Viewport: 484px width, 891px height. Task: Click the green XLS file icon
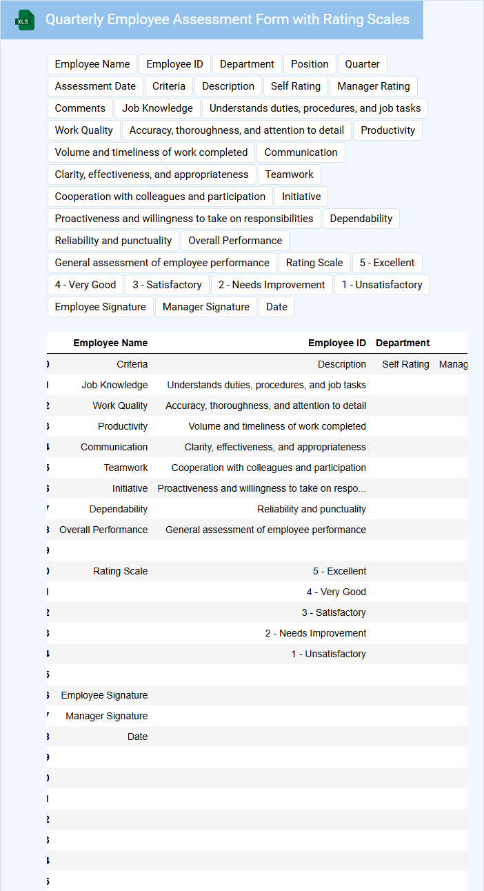[25, 21]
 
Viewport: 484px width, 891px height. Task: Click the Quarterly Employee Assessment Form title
[228, 20]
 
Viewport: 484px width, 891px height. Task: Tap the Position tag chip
[310, 64]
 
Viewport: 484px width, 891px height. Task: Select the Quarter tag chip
[362, 64]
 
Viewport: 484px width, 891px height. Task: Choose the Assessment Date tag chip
[95, 86]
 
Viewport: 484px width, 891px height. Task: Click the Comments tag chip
[80, 108]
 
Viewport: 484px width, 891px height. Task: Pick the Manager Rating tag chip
[373, 86]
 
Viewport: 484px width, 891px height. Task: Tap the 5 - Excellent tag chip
[387, 263]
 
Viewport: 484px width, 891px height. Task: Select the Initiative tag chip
[301, 197]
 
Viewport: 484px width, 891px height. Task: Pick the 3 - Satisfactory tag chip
[167, 285]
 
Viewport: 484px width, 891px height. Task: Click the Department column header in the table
[403, 343]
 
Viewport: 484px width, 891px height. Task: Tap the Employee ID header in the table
[336, 343]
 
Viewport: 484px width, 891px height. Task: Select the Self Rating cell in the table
[405, 364]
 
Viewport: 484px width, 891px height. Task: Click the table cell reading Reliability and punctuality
[311, 509]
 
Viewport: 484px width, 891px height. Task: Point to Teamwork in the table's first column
[125, 468]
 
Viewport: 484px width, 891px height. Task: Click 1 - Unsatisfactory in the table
[328, 654]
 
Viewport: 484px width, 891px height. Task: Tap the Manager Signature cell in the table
[106, 716]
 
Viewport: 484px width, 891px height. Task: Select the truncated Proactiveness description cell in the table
[261, 488]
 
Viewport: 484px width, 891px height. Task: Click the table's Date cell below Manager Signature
[137, 737]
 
